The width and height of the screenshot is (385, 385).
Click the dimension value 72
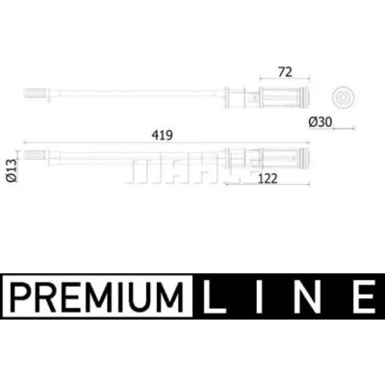[x=285, y=72]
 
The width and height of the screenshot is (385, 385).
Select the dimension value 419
[x=162, y=135]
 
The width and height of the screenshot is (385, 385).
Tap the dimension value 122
[x=268, y=178]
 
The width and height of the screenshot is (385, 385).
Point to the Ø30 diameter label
[x=321, y=122]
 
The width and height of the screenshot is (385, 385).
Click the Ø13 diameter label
[x=12, y=170]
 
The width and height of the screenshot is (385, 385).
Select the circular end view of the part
[x=344, y=96]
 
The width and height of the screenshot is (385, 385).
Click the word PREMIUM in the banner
[x=96, y=295]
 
